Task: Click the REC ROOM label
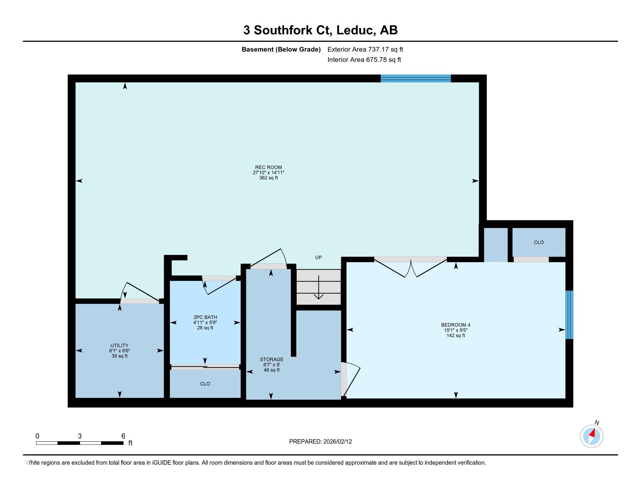tap(268, 167)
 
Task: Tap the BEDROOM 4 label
tap(455, 325)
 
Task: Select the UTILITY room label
tap(119, 345)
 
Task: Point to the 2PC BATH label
tap(205, 317)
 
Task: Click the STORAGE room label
tap(272, 359)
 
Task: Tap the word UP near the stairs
tap(318, 257)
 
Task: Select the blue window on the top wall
tap(415, 78)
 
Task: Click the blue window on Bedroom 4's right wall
tap(569, 315)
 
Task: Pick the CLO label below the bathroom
tap(205, 383)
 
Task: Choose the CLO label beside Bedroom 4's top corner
tap(538, 242)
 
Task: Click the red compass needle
tap(593, 434)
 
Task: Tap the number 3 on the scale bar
tap(80, 436)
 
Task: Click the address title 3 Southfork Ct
tap(320, 30)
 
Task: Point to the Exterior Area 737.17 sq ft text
tap(365, 49)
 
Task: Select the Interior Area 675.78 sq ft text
tap(364, 60)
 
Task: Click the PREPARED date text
tap(320, 442)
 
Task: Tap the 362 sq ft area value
tap(268, 178)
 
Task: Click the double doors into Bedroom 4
tap(411, 267)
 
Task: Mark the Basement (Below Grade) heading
tap(281, 49)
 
